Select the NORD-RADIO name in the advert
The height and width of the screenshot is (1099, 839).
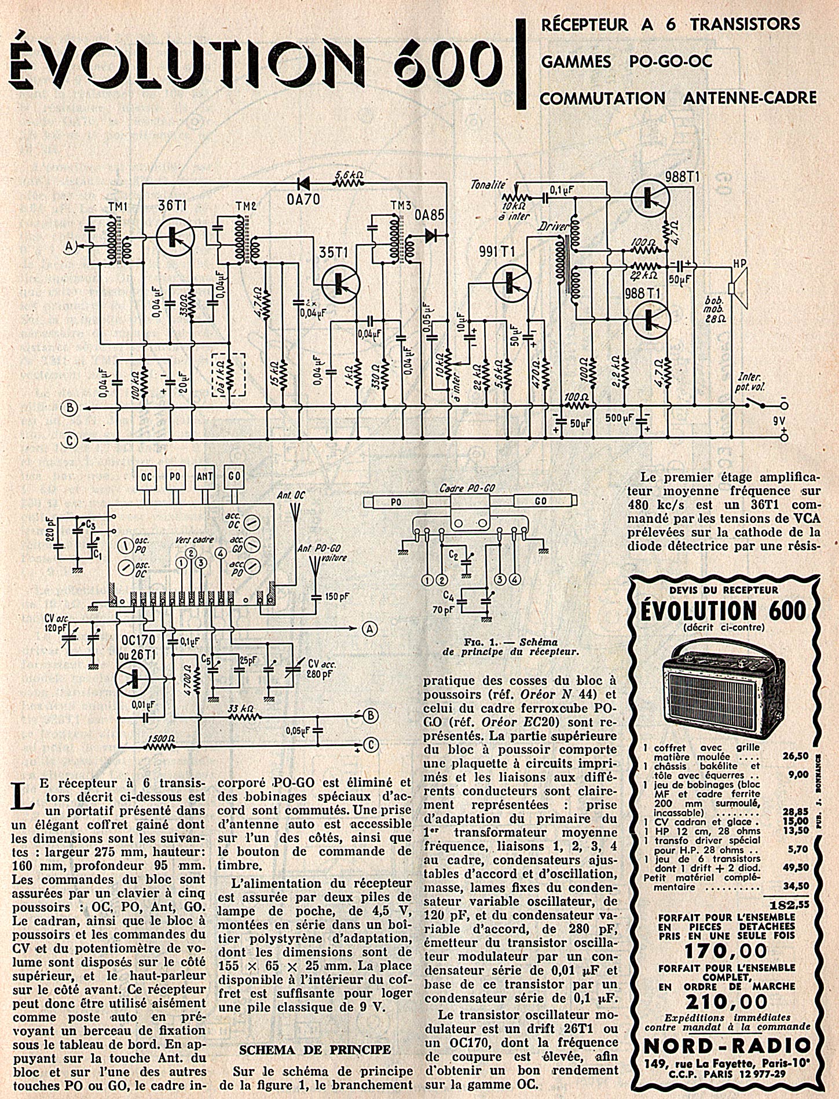727,1045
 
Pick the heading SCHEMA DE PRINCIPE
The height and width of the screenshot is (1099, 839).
314,1049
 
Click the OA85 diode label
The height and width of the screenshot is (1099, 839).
428,215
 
